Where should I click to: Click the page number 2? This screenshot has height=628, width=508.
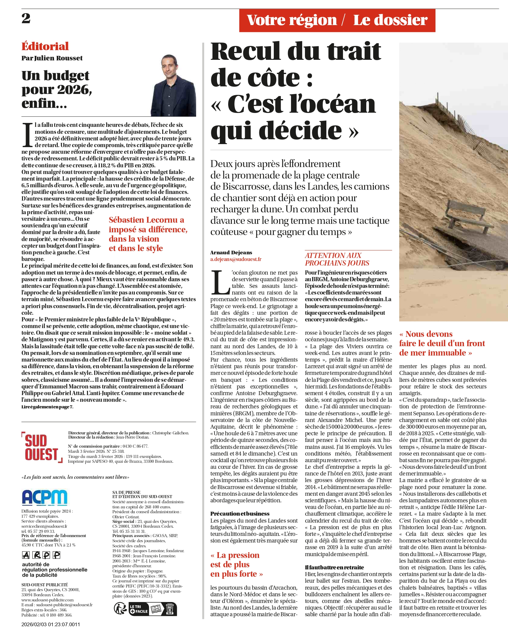(26, 18)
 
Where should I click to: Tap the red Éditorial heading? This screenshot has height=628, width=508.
(45, 46)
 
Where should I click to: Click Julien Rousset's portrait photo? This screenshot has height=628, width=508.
(173, 86)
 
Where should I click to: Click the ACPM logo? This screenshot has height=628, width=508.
(44, 498)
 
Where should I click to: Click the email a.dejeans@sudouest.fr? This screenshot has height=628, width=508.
(236, 259)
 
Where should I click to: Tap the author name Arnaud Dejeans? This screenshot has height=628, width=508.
(231, 253)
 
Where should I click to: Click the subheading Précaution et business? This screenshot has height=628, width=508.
(240, 514)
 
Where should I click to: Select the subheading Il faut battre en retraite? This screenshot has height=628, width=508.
(334, 567)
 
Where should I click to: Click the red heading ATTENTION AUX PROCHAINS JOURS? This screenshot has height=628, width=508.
(337, 259)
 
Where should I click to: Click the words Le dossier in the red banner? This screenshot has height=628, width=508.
(390, 20)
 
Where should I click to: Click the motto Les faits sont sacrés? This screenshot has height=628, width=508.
(75, 477)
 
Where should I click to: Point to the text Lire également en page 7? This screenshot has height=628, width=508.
(47, 407)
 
